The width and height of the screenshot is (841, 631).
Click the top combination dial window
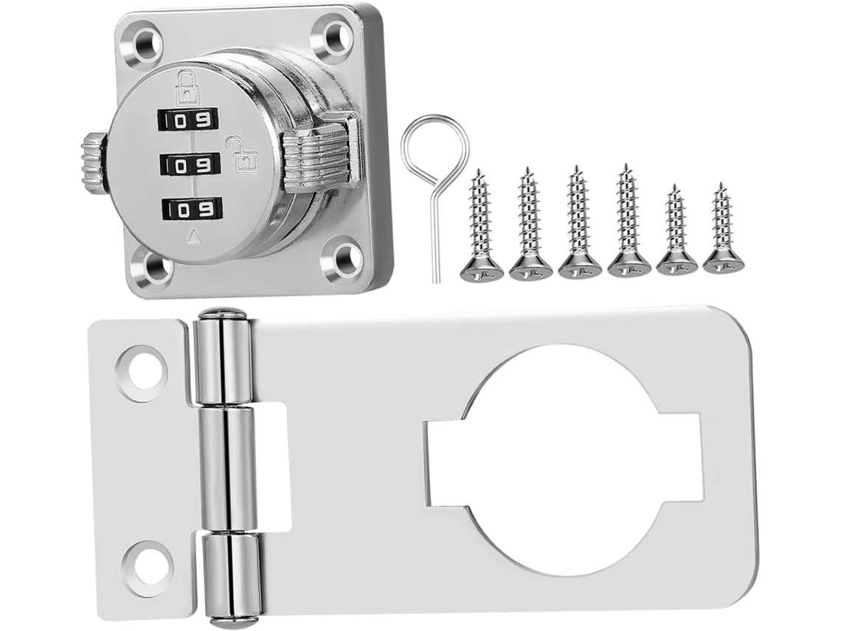coord(187,119)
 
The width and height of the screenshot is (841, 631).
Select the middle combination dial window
coord(190,165)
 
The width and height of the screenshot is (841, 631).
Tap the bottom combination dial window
coord(192,210)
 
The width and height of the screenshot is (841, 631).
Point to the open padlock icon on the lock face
coord(243,154)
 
